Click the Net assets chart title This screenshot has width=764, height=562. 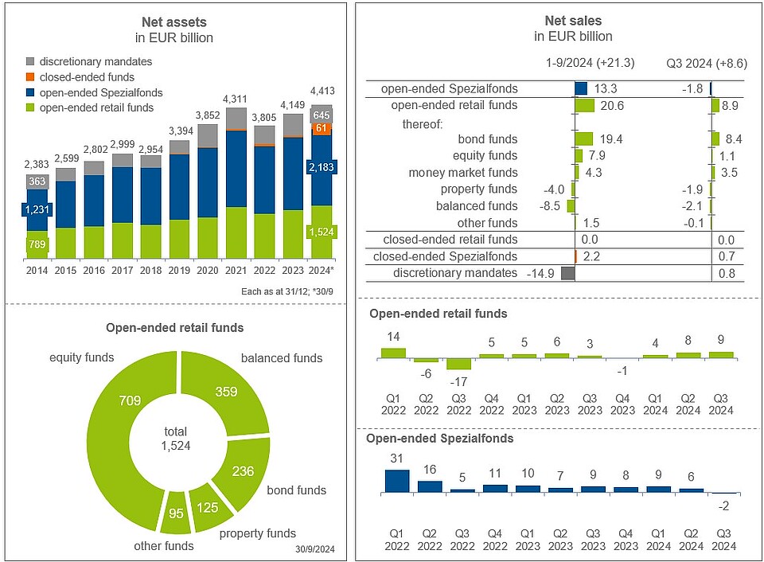[x=174, y=21]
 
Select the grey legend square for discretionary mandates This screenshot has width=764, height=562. [x=30, y=61]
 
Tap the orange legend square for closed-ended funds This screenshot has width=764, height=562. [x=30, y=76]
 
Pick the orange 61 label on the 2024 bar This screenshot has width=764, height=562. [x=322, y=128]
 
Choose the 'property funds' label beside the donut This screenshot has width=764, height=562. [x=257, y=533]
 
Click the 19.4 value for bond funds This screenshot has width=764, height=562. [x=610, y=139]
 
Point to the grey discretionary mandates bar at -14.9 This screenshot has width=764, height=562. [x=567, y=273]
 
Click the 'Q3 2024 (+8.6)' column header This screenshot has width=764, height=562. [x=706, y=64]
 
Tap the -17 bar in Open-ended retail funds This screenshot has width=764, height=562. [x=458, y=364]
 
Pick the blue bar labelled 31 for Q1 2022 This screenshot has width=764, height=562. [x=396, y=480]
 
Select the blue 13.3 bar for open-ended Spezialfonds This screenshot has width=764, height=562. [x=581, y=89]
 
